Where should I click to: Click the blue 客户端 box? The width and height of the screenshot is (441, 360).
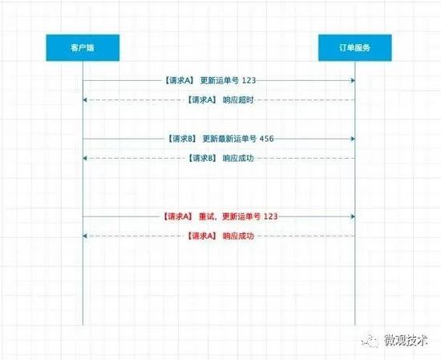click(x=83, y=47)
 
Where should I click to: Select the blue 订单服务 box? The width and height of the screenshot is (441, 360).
click(x=355, y=47)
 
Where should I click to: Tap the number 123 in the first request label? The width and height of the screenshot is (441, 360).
click(x=249, y=81)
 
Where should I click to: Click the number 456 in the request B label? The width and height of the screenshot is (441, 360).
click(x=267, y=139)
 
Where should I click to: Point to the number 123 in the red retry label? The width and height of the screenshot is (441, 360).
click(x=271, y=216)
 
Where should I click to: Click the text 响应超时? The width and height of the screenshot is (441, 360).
click(x=238, y=100)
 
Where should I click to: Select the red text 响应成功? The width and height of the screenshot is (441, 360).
click(x=238, y=236)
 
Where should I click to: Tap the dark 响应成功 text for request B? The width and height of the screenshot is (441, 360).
click(x=238, y=158)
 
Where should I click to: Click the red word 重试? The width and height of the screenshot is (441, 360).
click(x=207, y=216)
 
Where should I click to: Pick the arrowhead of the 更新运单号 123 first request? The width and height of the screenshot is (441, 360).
click(x=353, y=81)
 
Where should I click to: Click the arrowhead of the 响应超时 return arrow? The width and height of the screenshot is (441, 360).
click(x=85, y=100)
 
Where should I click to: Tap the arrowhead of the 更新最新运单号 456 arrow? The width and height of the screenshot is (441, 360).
click(x=353, y=139)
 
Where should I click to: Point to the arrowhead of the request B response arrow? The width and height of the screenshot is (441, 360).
click(x=85, y=158)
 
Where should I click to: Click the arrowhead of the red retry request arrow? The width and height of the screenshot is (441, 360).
click(x=353, y=216)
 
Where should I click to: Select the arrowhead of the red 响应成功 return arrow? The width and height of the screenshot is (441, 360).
click(x=85, y=236)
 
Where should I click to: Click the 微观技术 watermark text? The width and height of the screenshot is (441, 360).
click(x=406, y=340)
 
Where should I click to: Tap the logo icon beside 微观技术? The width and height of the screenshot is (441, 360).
click(x=370, y=341)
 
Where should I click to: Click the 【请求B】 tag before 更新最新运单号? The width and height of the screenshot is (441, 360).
click(x=182, y=139)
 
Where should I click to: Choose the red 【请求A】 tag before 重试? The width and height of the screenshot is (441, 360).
click(x=178, y=216)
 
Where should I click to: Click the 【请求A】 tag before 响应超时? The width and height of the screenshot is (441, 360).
click(x=202, y=100)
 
